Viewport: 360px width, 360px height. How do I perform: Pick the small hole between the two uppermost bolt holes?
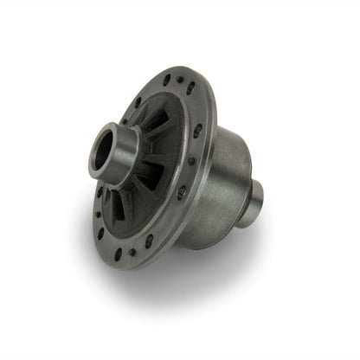click(178, 80)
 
